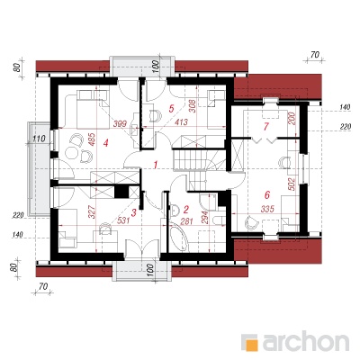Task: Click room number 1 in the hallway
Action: [156, 165]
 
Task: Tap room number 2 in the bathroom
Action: [186, 209]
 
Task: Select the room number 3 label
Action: [134, 212]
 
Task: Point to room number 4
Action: [105, 143]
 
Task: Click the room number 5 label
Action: [171, 108]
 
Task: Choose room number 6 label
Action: [267, 195]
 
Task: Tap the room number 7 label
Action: [265, 127]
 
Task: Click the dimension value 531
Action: [123, 220]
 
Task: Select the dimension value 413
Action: [182, 122]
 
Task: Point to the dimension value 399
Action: [120, 123]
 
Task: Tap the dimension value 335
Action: [267, 209]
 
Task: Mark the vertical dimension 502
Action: [292, 184]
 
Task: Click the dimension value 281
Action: [185, 221]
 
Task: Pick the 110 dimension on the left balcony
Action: [39, 139]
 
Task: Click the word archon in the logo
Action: [306, 341]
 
